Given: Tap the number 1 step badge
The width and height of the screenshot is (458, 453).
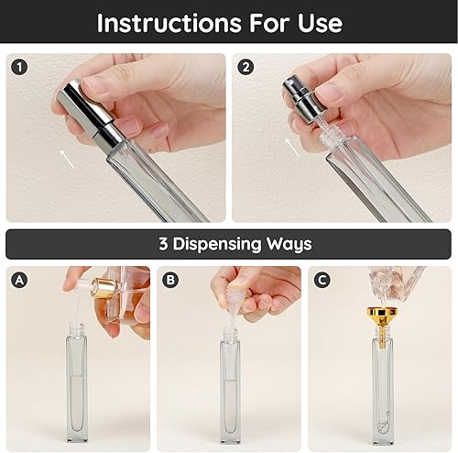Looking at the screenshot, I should coord(20,67).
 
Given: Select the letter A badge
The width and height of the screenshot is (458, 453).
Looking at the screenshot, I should coord(19,281).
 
